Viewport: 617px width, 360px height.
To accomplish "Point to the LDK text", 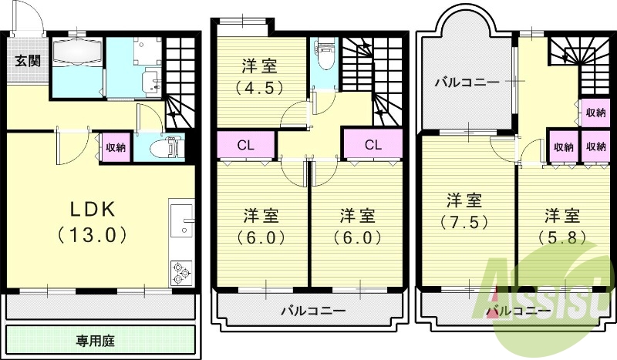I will point(93,210).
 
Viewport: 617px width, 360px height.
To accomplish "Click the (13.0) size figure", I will point(93,234).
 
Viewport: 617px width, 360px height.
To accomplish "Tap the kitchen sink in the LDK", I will point(185,220).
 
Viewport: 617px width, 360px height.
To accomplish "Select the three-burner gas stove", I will point(183,272).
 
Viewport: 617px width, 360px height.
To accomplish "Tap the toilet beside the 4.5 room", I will point(324,56).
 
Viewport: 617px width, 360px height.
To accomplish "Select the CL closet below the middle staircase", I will point(372,143).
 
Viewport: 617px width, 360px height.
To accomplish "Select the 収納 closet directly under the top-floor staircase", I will point(594,113).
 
